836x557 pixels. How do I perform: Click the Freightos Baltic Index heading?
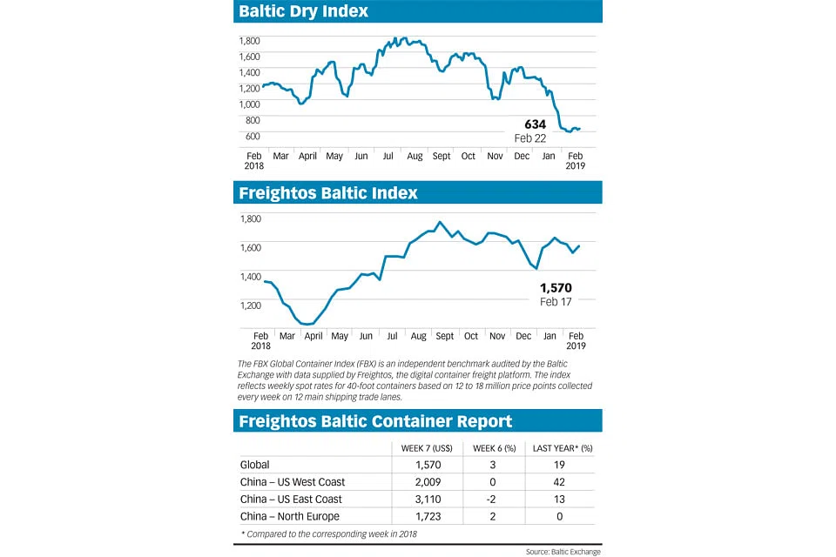(x=329, y=192)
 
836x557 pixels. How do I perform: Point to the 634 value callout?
(x=535, y=124)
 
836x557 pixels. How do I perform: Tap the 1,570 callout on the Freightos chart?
(x=556, y=288)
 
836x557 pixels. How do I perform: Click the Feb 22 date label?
(x=531, y=139)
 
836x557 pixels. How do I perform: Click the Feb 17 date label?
(x=556, y=303)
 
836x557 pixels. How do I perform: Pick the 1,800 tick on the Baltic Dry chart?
(x=250, y=41)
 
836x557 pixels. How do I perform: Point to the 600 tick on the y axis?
(x=253, y=136)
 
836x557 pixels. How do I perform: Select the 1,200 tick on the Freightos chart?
(x=250, y=305)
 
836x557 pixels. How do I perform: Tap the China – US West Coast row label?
(x=293, y=482)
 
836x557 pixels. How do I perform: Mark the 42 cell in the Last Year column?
(x=563, y=482)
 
